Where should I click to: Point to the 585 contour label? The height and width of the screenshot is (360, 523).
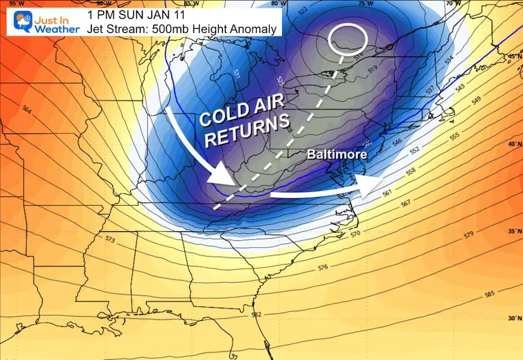click(x=489, y=294)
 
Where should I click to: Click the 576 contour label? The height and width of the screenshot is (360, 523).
click(x=323, y=267)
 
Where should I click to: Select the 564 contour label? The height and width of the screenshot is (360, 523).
click(x=27, y=109)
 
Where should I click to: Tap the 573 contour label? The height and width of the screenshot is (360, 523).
click(x=111, y=240)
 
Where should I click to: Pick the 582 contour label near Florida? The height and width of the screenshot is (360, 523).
click(x=256, y=315)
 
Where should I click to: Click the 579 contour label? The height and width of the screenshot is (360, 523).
click(x=469, y=235)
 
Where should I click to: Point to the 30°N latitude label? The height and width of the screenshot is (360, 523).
click(x=513, y=318)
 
